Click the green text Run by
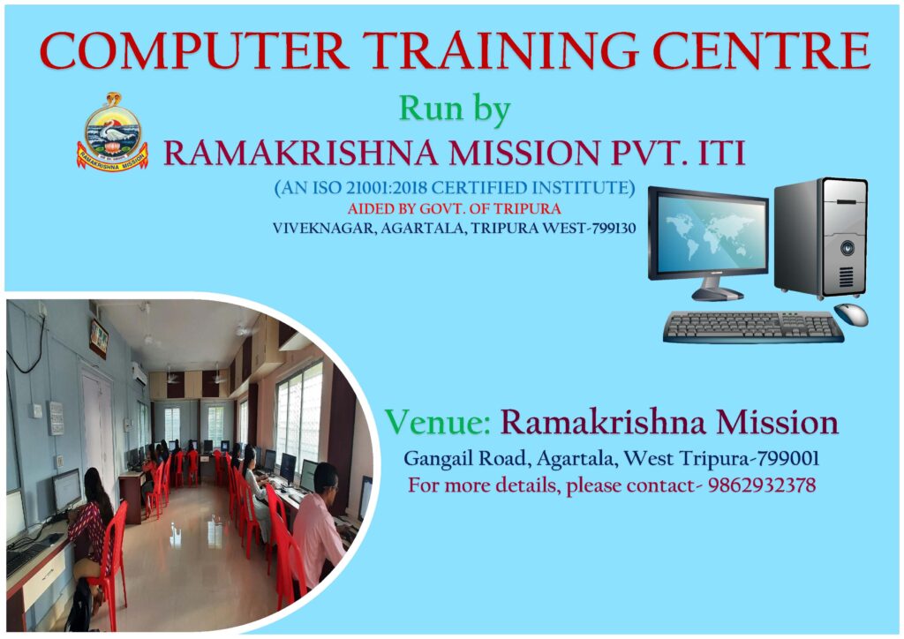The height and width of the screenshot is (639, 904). click(x=455, y=109)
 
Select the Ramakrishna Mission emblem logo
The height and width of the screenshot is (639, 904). click(x=112, y=132)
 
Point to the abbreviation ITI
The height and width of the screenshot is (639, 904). click(x=722, y=154)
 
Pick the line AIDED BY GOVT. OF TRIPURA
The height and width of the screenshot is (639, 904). click(x=455, y=208)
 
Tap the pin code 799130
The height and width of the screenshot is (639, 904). click(x=614, y=229)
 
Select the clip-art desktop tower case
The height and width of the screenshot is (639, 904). click(x=821, y=238)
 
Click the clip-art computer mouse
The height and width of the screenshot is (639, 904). click(x=851, y=314)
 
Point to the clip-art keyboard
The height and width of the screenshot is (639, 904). click(x=753, y=327)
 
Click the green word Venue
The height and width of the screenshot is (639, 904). click(x=437, y=422)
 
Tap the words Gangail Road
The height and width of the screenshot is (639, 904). click(x=465, y=459)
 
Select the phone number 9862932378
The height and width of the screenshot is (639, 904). click(x=762, y=485)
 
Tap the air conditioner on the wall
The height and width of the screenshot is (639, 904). click(x=139, y=374)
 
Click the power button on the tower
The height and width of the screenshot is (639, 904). click(x=847, y=248)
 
